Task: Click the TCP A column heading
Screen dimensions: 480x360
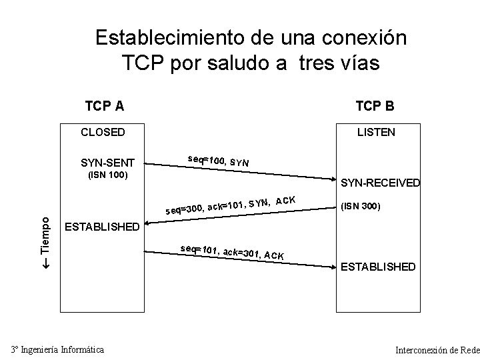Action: tap(105, 106)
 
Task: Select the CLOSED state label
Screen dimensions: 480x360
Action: tap(103, 132)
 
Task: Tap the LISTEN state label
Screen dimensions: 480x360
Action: tap(376, 132)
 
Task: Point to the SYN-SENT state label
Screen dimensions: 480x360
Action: tap(107, 163)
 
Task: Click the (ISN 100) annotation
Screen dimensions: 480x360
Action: tap(108, 176)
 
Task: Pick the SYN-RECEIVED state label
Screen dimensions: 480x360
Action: tap(380, 183)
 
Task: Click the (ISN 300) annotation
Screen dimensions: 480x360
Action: tap(360, 207)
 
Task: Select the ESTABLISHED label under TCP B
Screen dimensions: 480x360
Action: tap(378, 267)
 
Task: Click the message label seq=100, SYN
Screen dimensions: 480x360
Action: tap(219, 161)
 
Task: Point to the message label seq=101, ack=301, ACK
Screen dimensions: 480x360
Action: tap(232, 252)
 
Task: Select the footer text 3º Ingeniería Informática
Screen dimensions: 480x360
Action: tap(57, 349)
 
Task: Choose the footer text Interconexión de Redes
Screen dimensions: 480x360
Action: tap(437, 349)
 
